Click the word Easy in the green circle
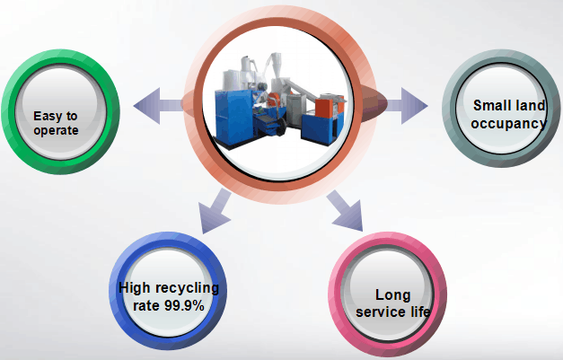pyautogui.click(x=45, y=116)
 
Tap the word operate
pyautogui.click(x=56, y=131)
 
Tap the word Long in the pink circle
pyautogui.click(x=392, y=295)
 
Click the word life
pyautogui.click(x=419, y=312)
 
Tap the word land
pyautogui.click(x=530, y=107)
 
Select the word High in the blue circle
pyautogui.click(x=136, y=289)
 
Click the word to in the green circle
pyautogui.click(x=71, y=116)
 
